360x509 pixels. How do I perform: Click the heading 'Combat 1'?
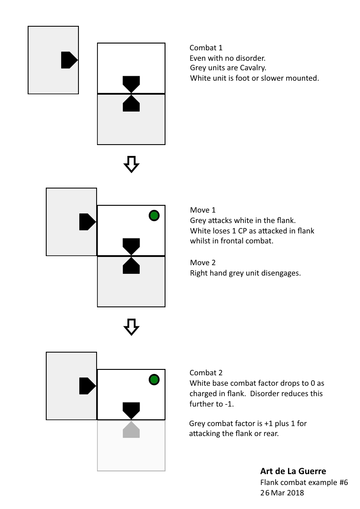(206, 48)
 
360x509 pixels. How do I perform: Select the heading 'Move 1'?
(203, 210)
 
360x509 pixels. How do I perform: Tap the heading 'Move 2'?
(203, 262)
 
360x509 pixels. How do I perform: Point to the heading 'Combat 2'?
(206, 373)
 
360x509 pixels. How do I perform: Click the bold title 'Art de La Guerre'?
(293, 471)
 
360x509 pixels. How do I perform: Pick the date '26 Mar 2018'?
(282, 493)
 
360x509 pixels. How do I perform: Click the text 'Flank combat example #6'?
(304, 482)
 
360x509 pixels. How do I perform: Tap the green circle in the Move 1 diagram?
(154, 216)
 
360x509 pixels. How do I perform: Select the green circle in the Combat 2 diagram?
(154, 379)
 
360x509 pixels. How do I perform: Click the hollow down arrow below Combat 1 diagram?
(131, 164)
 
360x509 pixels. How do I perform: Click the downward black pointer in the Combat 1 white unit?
(131, 84)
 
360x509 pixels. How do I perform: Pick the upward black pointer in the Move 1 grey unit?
(131, 266)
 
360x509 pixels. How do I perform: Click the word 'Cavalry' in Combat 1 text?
(252, 68)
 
